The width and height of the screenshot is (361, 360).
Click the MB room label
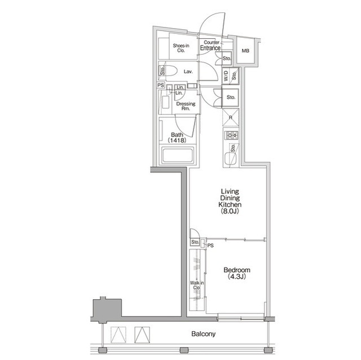coord(245,51)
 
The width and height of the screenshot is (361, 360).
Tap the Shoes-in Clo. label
coord(181,48)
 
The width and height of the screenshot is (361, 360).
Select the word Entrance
coord(210,48)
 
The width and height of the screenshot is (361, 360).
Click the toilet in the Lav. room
coord(170,71)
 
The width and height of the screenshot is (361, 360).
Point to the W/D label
coord(226,76)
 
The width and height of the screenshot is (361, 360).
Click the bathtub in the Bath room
coord(177,155)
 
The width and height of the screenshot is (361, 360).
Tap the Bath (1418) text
coord(177,137)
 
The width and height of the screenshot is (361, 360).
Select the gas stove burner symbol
coord(231,135)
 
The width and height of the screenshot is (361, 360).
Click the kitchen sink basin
coord(231,158)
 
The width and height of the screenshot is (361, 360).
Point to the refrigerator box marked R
coord(231,118)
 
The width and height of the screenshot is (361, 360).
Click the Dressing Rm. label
coord(186,106)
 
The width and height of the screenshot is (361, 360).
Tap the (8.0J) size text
coord(230,211)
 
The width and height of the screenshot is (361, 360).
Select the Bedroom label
coord(237,270)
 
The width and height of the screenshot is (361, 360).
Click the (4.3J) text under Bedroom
coord(237,277)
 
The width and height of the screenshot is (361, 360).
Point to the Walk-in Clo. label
coord(197,285)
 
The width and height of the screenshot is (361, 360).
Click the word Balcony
coord(204,334)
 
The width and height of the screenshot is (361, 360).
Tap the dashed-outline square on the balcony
coord(118,335)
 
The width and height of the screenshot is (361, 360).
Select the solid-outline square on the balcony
coord(142,335)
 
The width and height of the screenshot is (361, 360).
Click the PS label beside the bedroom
coord(210,246)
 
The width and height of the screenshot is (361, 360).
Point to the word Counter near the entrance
coord(212,42)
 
